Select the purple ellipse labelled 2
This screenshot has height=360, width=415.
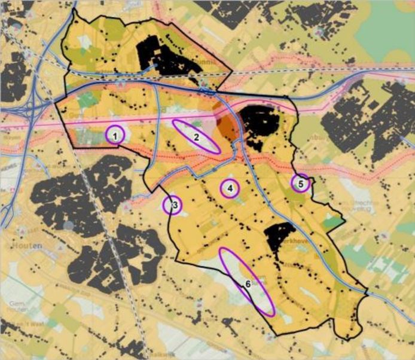[x=196, y=137]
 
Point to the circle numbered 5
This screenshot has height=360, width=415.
[x=301, y=184]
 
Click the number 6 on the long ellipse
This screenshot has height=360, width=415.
[x=247, y=283]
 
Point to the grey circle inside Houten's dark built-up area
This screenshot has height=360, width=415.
[x=69, y=225]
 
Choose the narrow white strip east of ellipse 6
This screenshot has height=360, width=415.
[x=302, y=296]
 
